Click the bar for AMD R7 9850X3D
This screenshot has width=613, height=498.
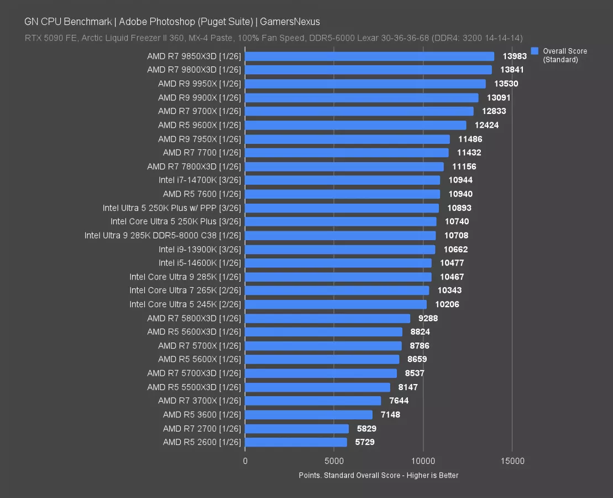[369, 56]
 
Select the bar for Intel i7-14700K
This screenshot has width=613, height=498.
[342, 180]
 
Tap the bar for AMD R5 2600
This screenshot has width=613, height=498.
[296, 442]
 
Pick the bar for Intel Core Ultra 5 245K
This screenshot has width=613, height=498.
[336, 304]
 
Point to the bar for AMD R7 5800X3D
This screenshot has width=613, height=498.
[327, 318]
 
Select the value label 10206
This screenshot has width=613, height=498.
[447, 304]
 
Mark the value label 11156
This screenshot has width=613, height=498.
[464, 167]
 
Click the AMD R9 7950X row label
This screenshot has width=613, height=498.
[200, 139]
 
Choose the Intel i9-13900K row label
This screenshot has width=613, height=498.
[200, 249]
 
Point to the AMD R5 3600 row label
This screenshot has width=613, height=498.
[202, 414]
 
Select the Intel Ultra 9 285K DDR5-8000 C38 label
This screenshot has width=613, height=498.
[163, 235]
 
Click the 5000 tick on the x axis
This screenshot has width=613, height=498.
[334, 461]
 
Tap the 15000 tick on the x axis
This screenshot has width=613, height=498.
[512, 461]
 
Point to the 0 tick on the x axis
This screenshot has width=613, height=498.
[245, 461]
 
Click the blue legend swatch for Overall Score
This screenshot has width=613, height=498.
[535, 51]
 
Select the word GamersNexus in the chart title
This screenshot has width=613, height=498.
[291, 22]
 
